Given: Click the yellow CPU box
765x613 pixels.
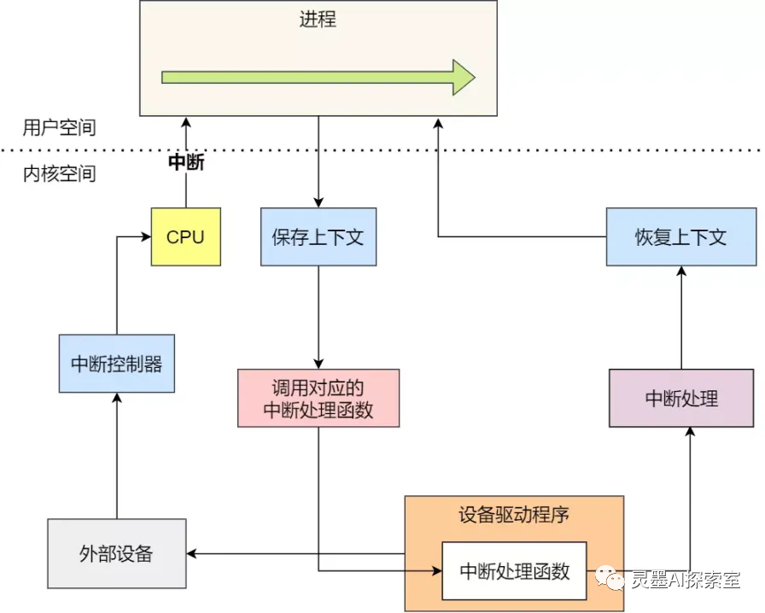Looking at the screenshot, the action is pos(186,236).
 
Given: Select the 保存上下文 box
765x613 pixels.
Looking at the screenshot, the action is pos(318,236).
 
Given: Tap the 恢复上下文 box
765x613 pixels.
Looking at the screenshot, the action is pos(681,236).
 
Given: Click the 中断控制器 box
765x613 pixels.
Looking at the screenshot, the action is pos(117,364).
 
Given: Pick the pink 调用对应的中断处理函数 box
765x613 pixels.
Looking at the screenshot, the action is pos(318,398).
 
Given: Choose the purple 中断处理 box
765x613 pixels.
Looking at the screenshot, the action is pos(681,398).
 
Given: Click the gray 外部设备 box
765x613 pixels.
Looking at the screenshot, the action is pos(117,553).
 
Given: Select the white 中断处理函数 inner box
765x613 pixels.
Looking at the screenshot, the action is pos(514,571).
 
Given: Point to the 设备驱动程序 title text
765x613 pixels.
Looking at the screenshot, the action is pos(514,515).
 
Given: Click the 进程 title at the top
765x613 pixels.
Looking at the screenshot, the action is pos(318,20).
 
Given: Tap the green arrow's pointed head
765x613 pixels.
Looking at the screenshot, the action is pos(475,77).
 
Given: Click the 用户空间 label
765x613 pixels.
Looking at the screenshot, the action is pos(59,127).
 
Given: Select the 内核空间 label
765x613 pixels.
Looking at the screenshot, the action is pos(59,174).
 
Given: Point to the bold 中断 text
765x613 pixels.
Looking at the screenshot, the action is pos(186,162).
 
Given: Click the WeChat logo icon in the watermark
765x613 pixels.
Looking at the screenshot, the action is pos(610,578).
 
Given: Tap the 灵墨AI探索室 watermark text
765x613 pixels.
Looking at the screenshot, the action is pos(686,580).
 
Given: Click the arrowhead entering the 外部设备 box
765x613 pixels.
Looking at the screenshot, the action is pos(191,553).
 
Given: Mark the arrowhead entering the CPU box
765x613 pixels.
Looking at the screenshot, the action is pos(146,236).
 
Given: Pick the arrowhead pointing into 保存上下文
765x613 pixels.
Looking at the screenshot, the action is pos(318,203).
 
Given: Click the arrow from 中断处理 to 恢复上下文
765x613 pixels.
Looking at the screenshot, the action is pos(681,318).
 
